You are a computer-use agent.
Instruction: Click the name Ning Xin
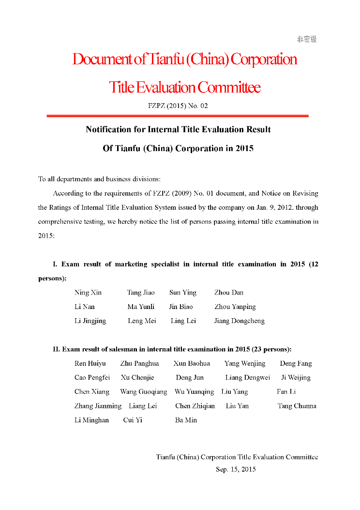(88, 293)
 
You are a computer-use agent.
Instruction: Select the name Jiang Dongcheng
(240, 321)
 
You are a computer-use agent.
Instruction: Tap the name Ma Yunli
(141, 307)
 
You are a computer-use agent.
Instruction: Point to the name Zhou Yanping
(235, 307)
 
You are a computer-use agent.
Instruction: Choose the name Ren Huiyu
(90, 363)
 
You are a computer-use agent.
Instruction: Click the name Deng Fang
(296, 363)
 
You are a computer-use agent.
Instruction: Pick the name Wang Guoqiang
(143, 391)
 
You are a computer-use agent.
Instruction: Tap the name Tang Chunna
(297, 406)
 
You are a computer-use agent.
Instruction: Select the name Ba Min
(186, 420)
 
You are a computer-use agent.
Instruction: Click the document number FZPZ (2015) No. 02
(178, 106)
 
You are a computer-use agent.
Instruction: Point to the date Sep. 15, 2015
(236, 469)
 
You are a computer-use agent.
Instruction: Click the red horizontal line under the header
(178, 116)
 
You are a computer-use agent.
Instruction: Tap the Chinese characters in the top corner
(307, 39)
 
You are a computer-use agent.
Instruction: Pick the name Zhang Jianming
(98, 406)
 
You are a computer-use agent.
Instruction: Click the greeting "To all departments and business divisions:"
(100, 179)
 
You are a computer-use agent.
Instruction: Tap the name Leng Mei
(142, 321)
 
